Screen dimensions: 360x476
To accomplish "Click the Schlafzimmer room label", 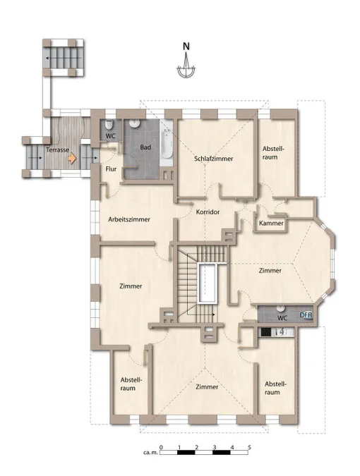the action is (214, 159).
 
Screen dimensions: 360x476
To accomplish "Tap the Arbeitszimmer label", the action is (129, 219).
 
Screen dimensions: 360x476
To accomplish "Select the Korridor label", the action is (208, 212).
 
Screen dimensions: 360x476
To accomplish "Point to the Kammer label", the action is (271, 223).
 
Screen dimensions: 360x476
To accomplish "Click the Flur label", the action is (111, 169).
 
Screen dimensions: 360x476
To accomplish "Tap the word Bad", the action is (145, 147).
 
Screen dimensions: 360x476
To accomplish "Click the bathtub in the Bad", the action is (166, 142).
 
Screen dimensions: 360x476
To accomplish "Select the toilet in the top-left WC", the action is (109, 124).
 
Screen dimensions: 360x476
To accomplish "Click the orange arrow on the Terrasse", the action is (72, 159).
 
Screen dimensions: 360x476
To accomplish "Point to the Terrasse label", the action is (57, 149).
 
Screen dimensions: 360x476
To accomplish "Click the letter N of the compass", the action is (186, 47).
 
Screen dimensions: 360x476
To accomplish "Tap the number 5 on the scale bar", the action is (249, 447).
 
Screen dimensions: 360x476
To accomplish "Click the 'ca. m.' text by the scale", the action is (150, 452).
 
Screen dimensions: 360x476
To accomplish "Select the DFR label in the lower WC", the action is (306, 315).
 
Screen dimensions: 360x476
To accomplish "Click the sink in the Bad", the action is (134, 123).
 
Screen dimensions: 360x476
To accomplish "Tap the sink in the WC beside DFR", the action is (280, 308).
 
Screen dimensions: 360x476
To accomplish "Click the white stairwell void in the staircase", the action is (208, 283).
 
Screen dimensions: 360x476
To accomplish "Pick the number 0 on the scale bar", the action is (161, 447).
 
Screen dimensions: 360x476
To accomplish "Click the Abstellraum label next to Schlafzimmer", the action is (273, 153).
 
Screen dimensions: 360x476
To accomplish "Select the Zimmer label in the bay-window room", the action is (270, 271).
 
